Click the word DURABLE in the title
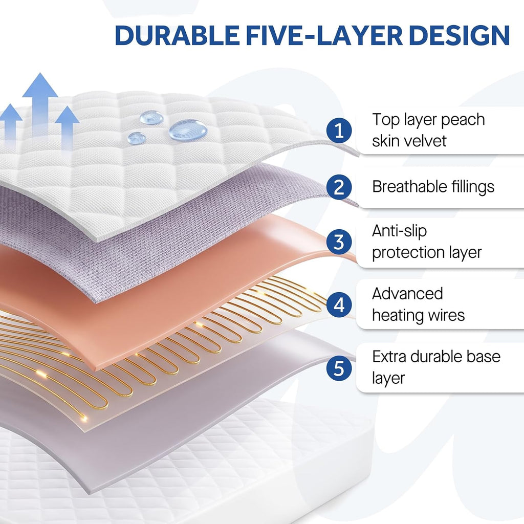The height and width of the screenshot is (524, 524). (177, 35)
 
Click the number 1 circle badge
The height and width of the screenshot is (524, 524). (339, 130)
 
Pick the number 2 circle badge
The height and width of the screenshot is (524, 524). (339, 187)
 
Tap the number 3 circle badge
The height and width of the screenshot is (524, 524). (339, 242)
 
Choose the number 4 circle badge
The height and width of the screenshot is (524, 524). (339, 305)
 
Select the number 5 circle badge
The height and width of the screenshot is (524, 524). (339, 368)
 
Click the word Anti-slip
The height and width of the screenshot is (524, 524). (399, 231)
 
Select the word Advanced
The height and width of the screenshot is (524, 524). (407, 294)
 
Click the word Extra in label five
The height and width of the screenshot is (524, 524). (389, 357)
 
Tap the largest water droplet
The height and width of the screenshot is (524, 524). (188, 129)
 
